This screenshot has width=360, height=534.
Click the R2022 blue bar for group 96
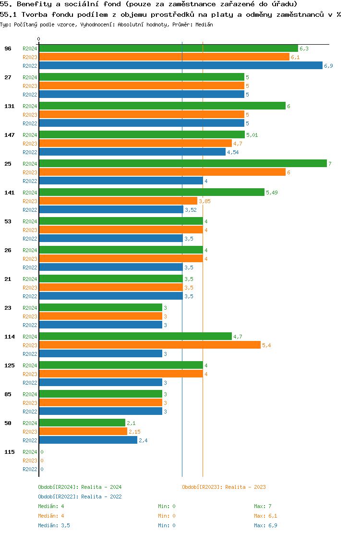coord(180,66)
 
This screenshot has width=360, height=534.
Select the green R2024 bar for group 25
coord(182,164)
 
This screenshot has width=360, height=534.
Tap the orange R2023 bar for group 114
coord(149,345)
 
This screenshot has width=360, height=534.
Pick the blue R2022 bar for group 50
coord(88,440)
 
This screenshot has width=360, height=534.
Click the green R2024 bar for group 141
coord(152,193)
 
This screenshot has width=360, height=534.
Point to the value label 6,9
coord(328,66)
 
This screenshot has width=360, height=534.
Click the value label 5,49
coord(272,193)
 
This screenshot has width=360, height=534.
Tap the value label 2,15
coord(134,432)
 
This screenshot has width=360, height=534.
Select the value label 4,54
coord(233,152)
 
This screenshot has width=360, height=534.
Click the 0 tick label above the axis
coord(39,39)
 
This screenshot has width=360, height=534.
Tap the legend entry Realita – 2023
coord(224,487)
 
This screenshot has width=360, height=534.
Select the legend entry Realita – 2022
coord(80,497)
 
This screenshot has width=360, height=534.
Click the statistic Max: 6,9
coord(265,525)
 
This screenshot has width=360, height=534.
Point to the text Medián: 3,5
coord(54,525)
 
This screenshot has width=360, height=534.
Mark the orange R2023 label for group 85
coord(30,403)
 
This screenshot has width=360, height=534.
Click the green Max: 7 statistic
coord(263,506)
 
